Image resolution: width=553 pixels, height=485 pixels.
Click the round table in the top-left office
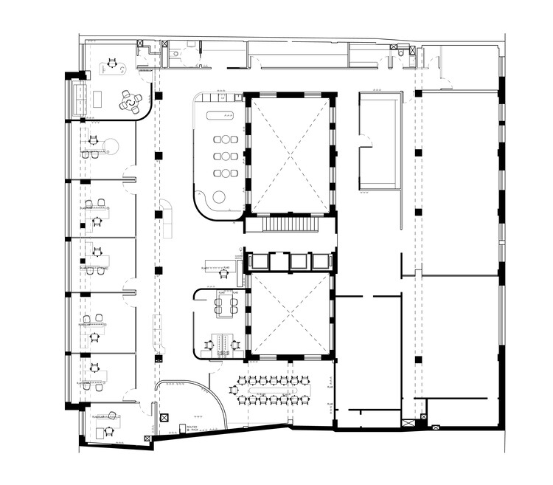click(131, 103)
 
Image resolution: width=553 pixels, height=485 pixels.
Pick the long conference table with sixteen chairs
click(270, 390)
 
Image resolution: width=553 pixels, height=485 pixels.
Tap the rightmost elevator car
click(320, 261)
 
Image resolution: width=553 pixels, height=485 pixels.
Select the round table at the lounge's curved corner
click(219, 196)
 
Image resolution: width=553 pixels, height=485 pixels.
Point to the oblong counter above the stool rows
click(220, 115)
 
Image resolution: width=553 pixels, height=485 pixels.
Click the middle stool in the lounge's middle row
click(226, 156)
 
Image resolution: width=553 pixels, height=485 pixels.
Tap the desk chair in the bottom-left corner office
click(110, 432)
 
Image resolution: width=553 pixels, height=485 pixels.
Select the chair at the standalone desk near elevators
click(223, 274)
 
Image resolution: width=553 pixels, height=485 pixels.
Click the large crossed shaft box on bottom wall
click(407, 423)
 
